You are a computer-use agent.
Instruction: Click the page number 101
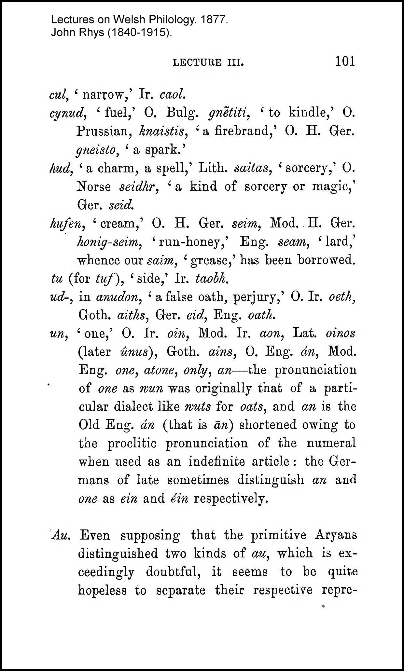[x=345, y=61]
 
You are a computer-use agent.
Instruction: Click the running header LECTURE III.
[x=208, y=62]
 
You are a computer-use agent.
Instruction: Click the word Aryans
[x=336, y=535]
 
